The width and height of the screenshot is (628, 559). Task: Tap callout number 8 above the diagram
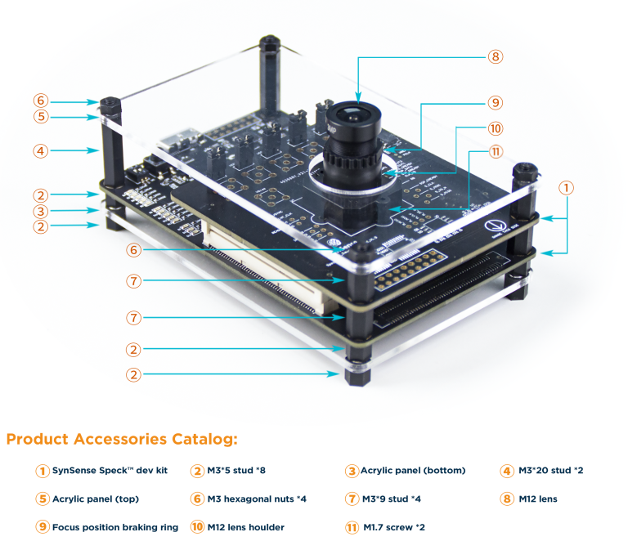[x=495, y=56]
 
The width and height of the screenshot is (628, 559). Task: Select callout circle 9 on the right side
[x=495, y=103]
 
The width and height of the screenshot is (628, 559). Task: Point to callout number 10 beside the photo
[x=495, y=128]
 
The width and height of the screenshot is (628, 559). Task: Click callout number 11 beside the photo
[x=495, y=152]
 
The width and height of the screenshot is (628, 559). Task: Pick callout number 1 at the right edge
[x=567, y=187]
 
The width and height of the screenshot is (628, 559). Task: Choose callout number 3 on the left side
[x=41, y=211]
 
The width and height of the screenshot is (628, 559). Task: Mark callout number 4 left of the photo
[x=41, y=150]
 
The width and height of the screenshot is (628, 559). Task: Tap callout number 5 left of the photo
[x=41, y=117]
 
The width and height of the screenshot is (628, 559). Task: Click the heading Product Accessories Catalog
[x=122, y=440]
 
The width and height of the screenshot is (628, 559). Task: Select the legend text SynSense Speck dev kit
[x=110, y=471]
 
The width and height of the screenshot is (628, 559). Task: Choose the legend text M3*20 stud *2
[x=550, y=471]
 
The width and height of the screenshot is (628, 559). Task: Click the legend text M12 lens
[x=537, y=499]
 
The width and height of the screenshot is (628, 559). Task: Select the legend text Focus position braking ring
[x=114, y=527]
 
